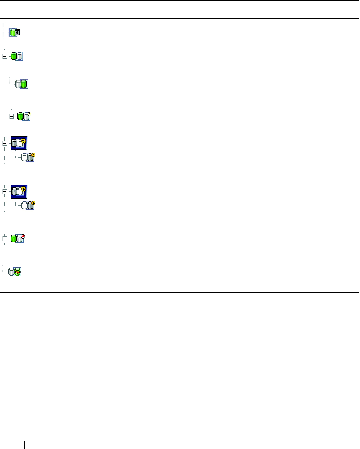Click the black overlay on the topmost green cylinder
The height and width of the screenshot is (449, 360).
17,33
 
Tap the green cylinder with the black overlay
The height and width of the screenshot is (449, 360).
13,33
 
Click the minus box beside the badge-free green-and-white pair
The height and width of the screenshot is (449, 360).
5,56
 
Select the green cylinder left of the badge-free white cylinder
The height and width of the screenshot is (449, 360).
13,56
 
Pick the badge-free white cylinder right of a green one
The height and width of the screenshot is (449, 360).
20,56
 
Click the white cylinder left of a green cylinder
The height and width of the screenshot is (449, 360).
19,84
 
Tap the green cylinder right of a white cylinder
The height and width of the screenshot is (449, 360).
24,84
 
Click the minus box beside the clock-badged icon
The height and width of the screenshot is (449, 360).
12,117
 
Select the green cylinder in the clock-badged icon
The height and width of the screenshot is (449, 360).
20,117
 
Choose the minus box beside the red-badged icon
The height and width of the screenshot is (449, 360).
5,239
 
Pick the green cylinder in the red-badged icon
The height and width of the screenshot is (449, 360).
13,239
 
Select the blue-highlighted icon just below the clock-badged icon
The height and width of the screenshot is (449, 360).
19,143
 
